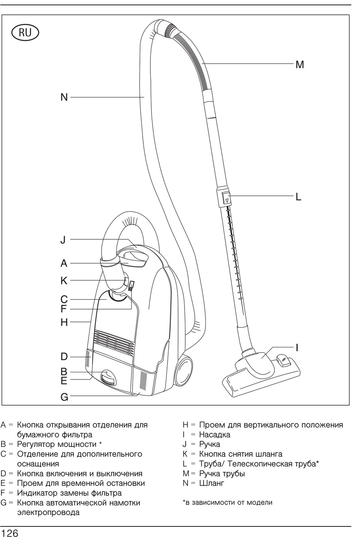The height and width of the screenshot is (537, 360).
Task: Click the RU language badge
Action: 25,33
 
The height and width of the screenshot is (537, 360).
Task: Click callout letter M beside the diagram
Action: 300,64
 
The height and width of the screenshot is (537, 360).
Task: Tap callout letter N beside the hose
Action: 64,97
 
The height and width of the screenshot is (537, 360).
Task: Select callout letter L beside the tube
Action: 298,197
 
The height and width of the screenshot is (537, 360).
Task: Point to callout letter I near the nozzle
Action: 297,347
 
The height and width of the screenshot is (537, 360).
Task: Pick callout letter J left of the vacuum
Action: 63,239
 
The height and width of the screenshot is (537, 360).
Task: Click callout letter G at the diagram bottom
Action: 64,397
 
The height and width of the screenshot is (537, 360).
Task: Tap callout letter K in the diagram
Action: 64,280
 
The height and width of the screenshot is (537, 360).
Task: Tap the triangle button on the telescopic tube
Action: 226,199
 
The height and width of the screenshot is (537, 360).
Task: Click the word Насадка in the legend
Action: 214,434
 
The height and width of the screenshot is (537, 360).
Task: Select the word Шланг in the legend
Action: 212,483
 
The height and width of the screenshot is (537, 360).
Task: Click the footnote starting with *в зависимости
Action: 227,502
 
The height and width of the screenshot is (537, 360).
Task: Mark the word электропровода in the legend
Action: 48,512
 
